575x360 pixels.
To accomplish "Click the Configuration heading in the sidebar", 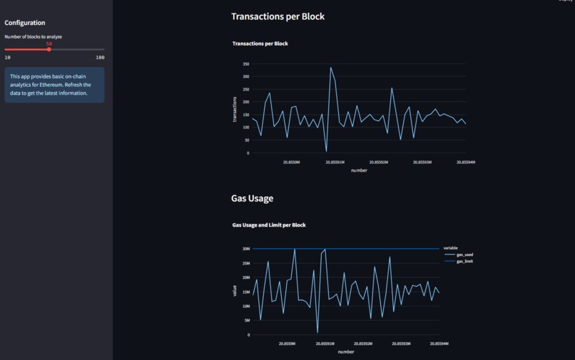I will [25, 23].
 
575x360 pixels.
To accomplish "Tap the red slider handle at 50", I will [49, 49].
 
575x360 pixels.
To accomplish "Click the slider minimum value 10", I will [8, 57].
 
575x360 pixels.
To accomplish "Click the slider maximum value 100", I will [100, 57].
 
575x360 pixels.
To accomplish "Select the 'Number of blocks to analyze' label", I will [34, 36].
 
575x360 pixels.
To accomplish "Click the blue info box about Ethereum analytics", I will [54, 85].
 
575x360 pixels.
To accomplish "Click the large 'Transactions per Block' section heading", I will [278, 16].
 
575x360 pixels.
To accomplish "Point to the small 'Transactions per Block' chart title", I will [260, 43].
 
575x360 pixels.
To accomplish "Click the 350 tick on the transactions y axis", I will [245, 63].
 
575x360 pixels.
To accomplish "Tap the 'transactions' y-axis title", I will [235, 108].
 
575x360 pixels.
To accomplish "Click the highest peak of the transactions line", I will [330, 68].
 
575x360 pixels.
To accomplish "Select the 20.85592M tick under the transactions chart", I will [378, 162].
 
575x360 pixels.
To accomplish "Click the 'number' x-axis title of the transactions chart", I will [359, 170].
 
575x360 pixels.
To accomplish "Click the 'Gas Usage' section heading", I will [252, 198].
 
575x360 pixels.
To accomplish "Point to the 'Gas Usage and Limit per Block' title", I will [269, 225].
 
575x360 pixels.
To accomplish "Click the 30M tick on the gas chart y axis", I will [245, 249].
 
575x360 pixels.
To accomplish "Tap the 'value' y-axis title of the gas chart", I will [234, 291].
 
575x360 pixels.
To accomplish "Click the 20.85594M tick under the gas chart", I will [439, 344].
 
